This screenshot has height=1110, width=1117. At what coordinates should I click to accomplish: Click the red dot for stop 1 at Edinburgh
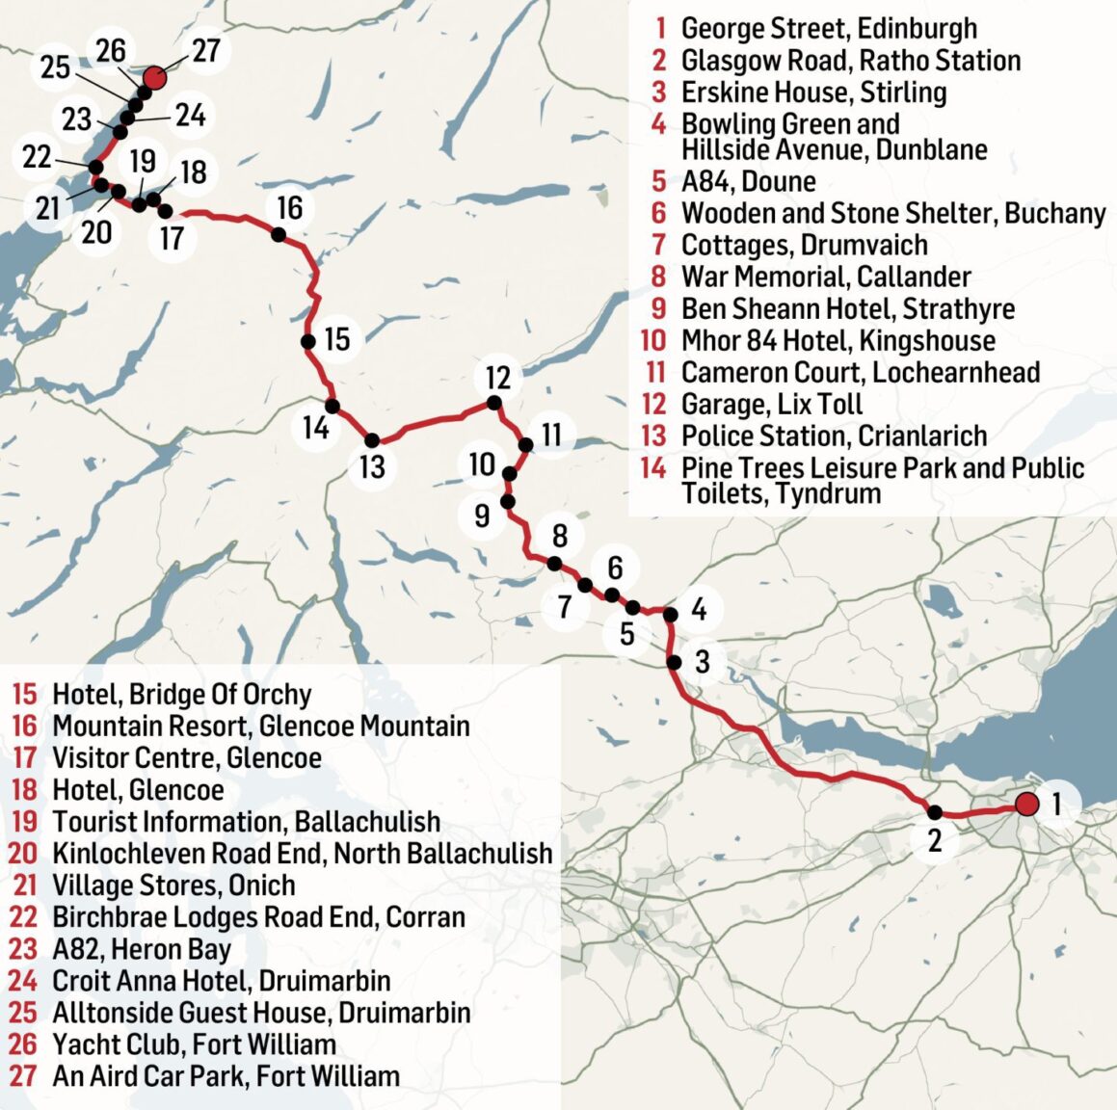(1026, 804)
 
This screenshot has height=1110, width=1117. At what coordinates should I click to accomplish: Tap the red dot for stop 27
(154, 78)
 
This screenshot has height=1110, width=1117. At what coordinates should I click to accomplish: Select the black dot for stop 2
(934, 812)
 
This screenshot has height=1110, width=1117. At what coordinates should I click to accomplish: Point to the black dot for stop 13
(372, 439)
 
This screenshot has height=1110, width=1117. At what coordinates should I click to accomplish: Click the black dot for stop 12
(494, 403)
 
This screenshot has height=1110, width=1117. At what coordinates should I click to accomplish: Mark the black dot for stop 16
(278, 234)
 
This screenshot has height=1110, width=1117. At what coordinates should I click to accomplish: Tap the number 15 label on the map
(336, 339)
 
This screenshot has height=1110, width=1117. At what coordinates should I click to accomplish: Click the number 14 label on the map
(316, 427)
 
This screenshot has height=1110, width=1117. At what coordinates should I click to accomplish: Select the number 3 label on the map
(702, 662)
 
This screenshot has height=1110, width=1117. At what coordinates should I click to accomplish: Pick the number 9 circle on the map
(482, 516)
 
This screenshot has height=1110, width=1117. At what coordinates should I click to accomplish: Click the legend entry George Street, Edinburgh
(829, 29)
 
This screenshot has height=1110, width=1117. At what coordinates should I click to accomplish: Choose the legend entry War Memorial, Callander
(826, 277)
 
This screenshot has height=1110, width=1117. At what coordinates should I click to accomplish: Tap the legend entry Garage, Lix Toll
(771, 404)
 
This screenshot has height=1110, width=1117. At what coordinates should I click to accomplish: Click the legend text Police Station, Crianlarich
(834, 436)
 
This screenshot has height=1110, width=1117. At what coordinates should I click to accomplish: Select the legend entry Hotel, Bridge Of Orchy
(181, 695)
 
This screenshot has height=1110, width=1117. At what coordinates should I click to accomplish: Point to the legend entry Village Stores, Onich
(173, 885)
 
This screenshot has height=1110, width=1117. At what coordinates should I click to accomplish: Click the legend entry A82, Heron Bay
(142, 949)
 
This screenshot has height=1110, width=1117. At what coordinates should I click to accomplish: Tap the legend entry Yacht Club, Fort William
(194, 1044)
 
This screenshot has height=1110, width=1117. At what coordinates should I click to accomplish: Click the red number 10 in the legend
(652, 340)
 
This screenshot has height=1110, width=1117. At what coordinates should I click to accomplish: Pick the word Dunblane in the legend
(930, 150)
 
